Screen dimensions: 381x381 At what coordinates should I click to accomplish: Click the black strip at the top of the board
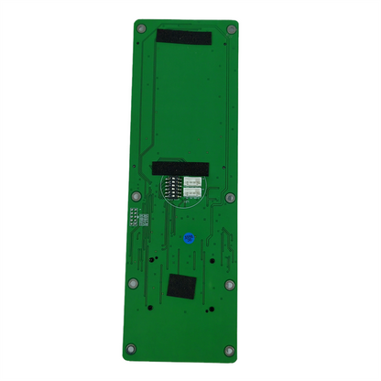pos(183,38)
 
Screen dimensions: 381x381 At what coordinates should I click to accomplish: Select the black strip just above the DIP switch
pos(182,169)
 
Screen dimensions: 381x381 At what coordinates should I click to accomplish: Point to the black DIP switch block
pos(172,188)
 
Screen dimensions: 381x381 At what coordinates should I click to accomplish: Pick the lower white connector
pos(195,193)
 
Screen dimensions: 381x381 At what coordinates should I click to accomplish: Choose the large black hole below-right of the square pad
pos(209,310)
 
